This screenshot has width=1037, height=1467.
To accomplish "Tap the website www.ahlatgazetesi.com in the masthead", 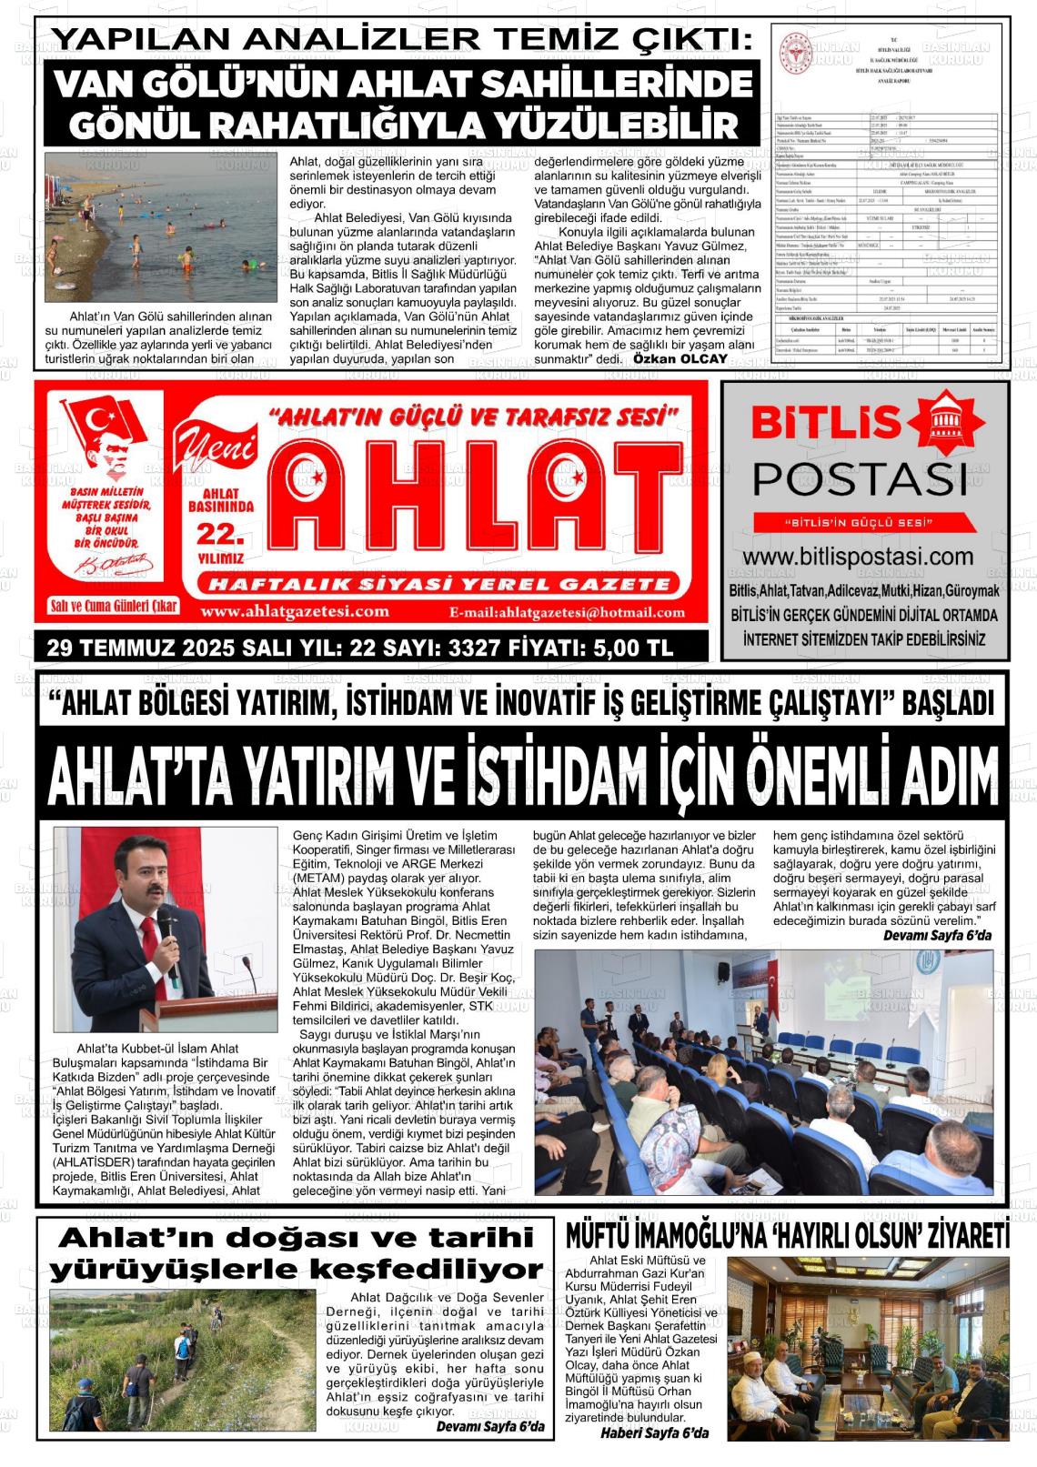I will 295,611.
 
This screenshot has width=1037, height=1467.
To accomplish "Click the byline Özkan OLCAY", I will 680,358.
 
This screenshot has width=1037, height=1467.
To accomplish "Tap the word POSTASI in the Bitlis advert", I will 859,478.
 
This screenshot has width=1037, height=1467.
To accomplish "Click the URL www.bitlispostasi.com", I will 858,557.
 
